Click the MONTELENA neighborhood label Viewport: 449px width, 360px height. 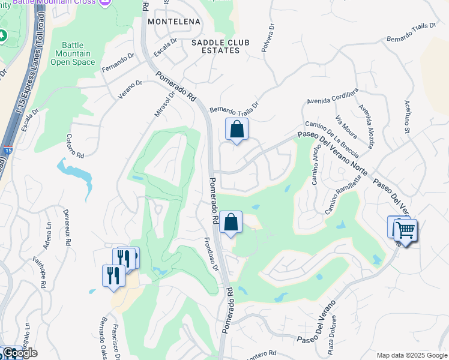pyautogui.click(x=173, y=21)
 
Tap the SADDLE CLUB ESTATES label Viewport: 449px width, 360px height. pyautogui.click(x=216, y=46)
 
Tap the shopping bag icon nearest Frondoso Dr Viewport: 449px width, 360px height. pyautogui.click(x=231, y=223)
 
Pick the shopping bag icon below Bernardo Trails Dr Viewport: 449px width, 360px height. pyautogui.click(x=237, y=130)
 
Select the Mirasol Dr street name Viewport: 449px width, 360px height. pyautogui.click(x=164, y=103)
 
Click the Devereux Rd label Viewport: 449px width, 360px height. pyautogui.click(x=68, y=226)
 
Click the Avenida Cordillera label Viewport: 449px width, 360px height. pyautogui.click(x=333, y=94)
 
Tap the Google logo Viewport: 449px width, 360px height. pyautogui.click(x=20, y=353)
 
